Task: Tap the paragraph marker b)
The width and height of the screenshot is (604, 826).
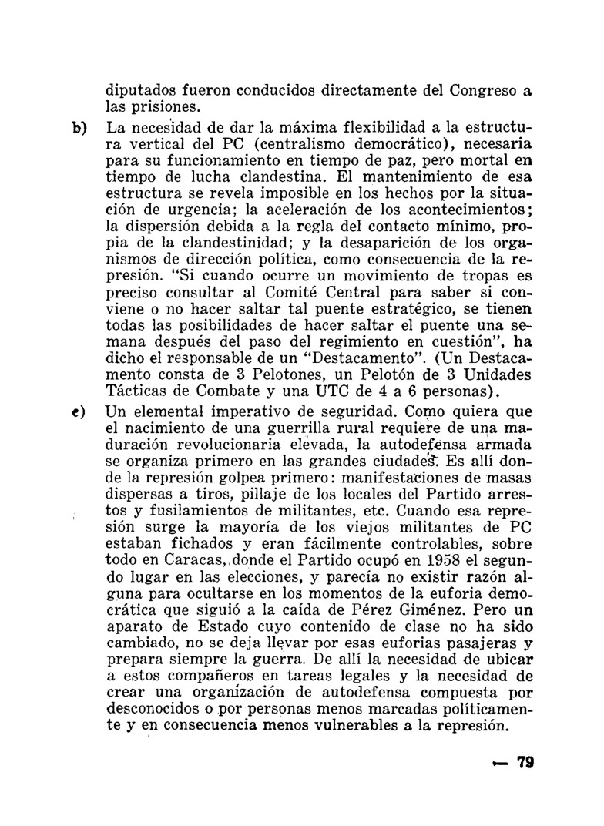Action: click(x=79, y=126)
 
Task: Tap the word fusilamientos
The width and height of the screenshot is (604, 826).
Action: click(x=199, y=528)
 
